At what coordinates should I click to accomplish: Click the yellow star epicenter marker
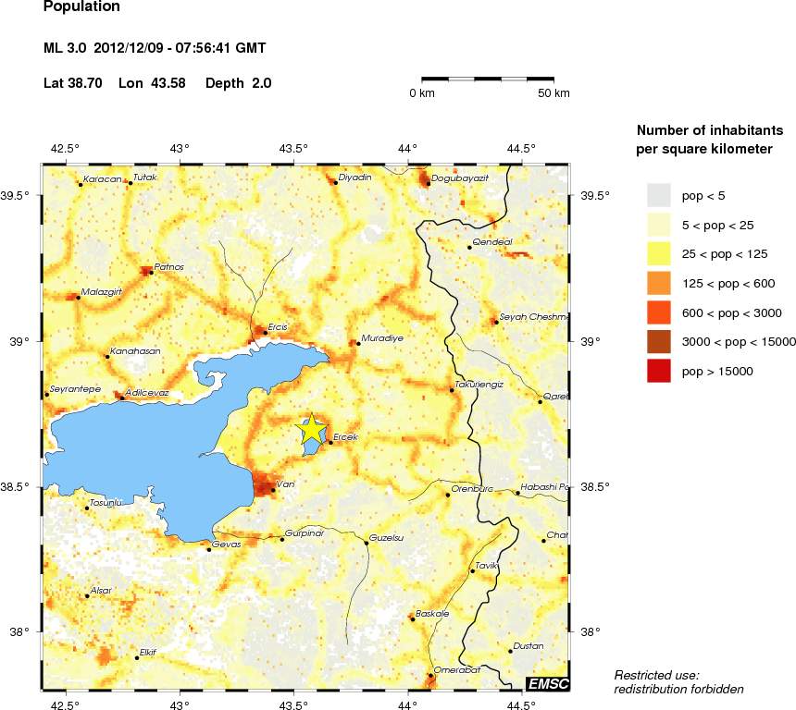point(312,429)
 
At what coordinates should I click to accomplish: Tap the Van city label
point(285,483)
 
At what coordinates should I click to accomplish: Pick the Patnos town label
point(169,266)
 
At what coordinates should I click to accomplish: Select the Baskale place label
point(433,613)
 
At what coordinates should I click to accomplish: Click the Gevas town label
point(227,544)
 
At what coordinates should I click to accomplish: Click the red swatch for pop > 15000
point(658,371)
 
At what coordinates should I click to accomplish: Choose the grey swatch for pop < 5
point(658,195)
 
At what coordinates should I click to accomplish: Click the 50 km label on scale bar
point(554,93)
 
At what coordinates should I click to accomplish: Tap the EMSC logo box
point(547,683)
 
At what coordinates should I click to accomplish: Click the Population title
point(81,6)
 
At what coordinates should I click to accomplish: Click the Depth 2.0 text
point(238,83)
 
